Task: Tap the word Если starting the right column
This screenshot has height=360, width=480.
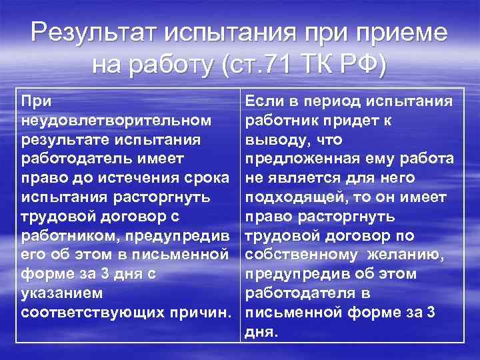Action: (264, 101)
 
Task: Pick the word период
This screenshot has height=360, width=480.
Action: (334, 101)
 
